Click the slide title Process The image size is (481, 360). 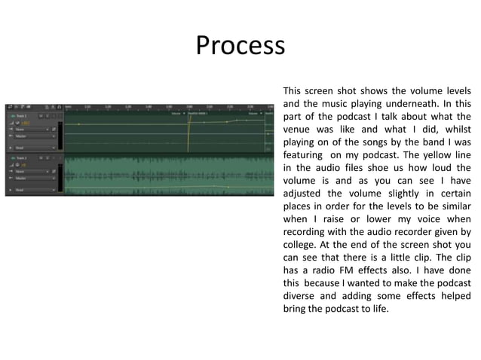tap(240, 46)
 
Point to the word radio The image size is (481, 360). tap(319, 270)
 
